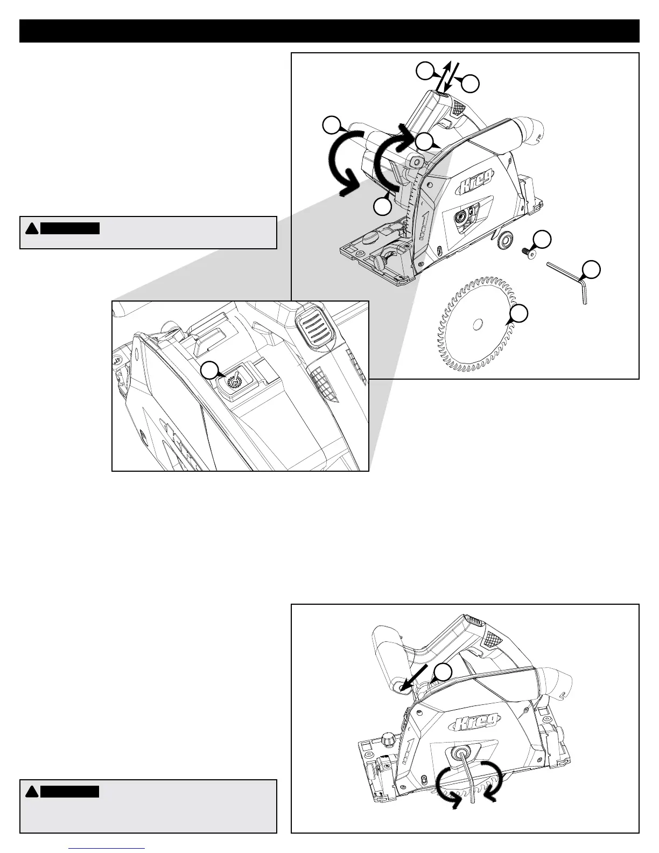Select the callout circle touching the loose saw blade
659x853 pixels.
tap(519, 314)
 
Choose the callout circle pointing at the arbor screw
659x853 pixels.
tap(544, 240)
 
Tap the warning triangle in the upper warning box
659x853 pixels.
tap(32, 228)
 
